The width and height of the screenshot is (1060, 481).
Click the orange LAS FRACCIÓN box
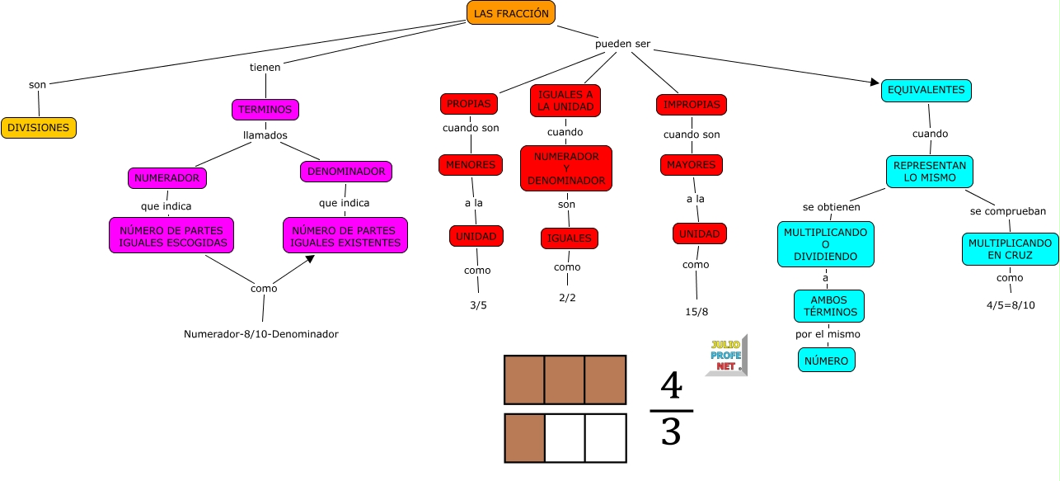[510, 13]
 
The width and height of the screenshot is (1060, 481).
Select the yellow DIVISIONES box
[39, 128]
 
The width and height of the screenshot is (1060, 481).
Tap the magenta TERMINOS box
[265, 110]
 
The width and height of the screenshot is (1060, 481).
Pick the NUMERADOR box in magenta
[167, 177]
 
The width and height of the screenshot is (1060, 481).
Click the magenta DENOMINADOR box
[345, 172]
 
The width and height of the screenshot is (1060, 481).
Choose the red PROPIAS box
[468, 104]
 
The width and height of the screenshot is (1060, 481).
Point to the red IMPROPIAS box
[691, 105]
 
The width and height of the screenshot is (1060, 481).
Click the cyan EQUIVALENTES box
[926, 90]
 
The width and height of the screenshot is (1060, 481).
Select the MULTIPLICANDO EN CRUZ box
[1010, 249]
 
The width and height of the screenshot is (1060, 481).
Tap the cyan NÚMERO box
[827, 361]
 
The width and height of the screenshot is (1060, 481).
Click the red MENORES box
[470, 165]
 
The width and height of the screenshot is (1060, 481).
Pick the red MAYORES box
[691, 165]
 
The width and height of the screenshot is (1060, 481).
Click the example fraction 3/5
[478, 305]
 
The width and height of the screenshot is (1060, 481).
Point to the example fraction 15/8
[697, 312]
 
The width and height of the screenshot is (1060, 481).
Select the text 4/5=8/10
[1011, 305]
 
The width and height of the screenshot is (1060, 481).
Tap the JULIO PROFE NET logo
[726, 356]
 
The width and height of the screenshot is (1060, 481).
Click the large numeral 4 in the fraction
[672, 386]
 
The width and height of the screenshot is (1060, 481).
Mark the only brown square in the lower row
[524, 437]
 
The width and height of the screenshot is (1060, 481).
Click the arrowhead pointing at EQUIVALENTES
[874, 82]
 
